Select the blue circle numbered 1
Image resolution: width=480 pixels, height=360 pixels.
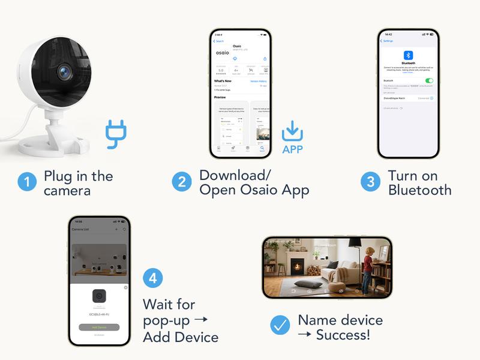[x=26, y=182]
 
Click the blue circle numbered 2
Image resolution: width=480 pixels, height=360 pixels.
[x=182, y=182]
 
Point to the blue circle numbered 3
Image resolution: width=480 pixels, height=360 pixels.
[x=370, y=182]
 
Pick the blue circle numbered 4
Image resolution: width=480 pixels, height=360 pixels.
[x=153, y=278]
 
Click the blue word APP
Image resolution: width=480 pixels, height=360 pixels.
[x=292, y=150]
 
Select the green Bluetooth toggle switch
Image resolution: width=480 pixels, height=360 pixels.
[x=429, y=80]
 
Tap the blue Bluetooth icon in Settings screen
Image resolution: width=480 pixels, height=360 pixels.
[x=408, y=55]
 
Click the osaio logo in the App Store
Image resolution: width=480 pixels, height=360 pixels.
[x=222, y=53]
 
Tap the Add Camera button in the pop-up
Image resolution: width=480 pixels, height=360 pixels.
[x=99, y=327]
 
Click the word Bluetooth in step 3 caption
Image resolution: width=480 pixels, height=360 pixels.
[x=419, y=190]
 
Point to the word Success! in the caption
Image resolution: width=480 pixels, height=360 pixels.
[x=343, y=335]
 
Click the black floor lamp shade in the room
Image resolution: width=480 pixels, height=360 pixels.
[x=355, y=242]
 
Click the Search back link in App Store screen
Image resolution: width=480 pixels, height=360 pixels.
[x=219, y=41]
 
